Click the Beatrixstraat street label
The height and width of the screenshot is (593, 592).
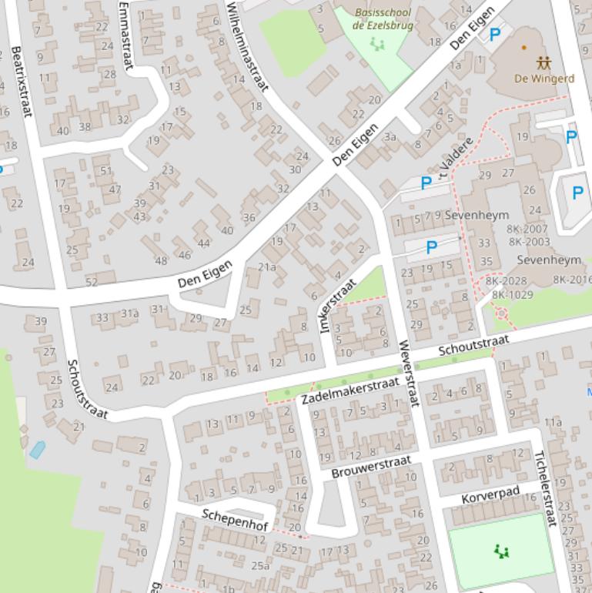coord(22,81)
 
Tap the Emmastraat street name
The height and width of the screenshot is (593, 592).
coord(127,35)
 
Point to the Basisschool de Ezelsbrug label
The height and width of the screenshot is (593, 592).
coord(382,18)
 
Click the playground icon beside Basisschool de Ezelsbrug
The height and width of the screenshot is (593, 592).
coord(377,44)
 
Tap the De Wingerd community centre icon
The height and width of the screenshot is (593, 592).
coord(544,62)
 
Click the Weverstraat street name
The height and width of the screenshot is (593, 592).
coord(407,373)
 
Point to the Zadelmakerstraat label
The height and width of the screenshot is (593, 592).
coord(339,390)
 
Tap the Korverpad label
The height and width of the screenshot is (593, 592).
coord(490,494)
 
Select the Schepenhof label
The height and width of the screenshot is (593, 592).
coord(235,519)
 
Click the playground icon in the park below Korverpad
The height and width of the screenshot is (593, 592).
coord(502,551)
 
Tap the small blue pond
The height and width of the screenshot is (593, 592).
coord(37,450)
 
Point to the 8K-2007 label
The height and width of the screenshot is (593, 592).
coord(527,229)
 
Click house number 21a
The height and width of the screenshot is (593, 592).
coord(266,267)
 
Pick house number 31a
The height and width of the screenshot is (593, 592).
coord(129,313)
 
